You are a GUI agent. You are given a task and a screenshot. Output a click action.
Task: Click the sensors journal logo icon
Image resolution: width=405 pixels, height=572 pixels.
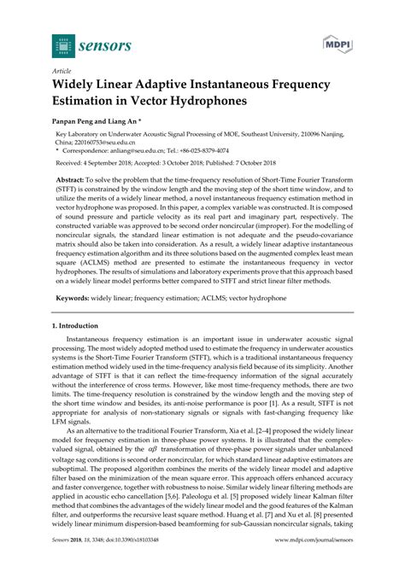pos(62,42)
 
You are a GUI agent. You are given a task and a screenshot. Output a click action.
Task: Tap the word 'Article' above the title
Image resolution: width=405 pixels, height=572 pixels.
pos(62,72)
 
